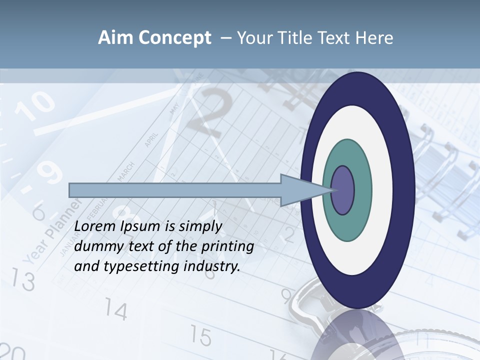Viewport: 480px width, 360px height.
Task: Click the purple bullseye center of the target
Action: click(342, 190)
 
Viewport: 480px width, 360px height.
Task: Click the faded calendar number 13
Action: click(22, 280)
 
